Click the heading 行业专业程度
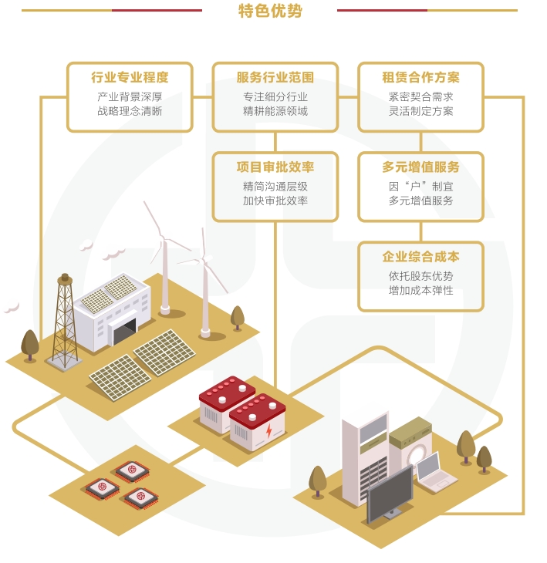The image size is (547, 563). pos(130,77)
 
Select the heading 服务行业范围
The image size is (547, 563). pos(275,77)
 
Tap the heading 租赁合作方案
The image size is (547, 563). pos(420,77)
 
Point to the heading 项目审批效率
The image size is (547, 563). pos(275,167)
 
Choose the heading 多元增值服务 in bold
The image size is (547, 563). pos(420,167)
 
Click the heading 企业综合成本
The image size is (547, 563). pos(420,257)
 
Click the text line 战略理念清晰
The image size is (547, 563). pos(130,111)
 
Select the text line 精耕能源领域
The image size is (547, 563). pos(275,111)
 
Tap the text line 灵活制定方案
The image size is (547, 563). pos(420,111)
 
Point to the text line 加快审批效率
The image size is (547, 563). pos(275,201)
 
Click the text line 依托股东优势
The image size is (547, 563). pos(420,276)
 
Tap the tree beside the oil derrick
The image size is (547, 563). pos(30,345)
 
